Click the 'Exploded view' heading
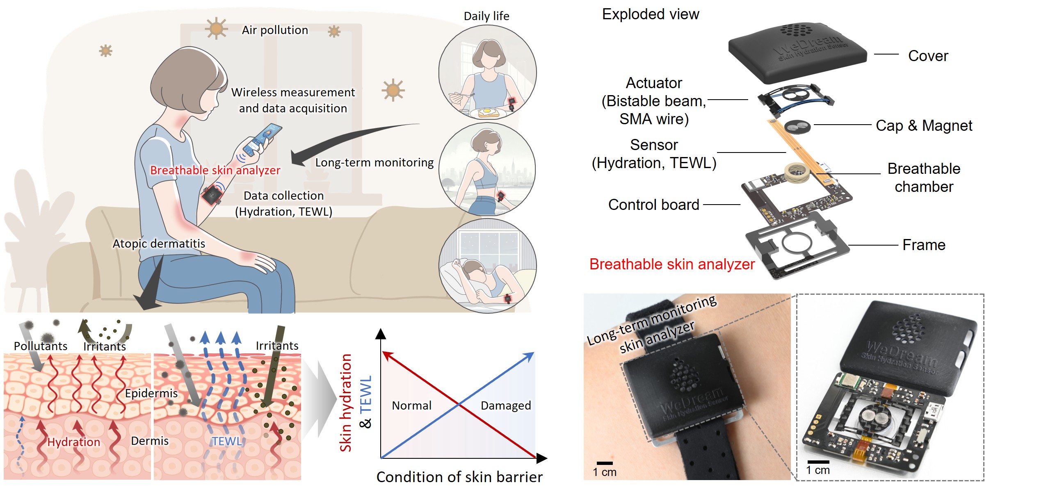(x=650, y=14)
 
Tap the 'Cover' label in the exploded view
(x=928, y=56)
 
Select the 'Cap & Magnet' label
(x=924, y=125)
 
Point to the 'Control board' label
(x=653, y=205)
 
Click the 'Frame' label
(x=924, y=245)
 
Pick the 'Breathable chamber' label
(x=924, y=178)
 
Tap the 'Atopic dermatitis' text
(x=159, y=244)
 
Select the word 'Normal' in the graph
(x=411, y=405)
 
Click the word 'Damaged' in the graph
(x=506, y=405)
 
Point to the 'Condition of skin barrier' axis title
(x=459, y=477)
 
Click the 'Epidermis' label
(x=151, y=393)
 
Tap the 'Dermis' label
(x=150, y=441)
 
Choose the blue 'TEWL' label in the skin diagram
(x=227, y=441)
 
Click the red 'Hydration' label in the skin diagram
(x=74, y=442)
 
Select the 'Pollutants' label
(x=41, y=346)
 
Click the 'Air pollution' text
(x=275, y=30)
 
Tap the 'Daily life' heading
(x=486, y=16)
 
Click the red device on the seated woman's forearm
(x=212, y=195)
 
